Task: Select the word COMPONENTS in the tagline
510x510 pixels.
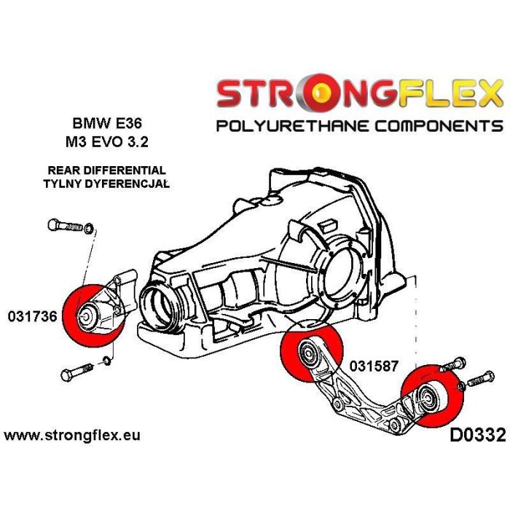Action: pyautogui.click(x=433, y=126)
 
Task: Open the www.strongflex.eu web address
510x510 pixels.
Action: pyautogui.click(x=73, y=436)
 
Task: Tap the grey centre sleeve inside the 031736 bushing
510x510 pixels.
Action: pyautogui.click(x=85, y=316)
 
